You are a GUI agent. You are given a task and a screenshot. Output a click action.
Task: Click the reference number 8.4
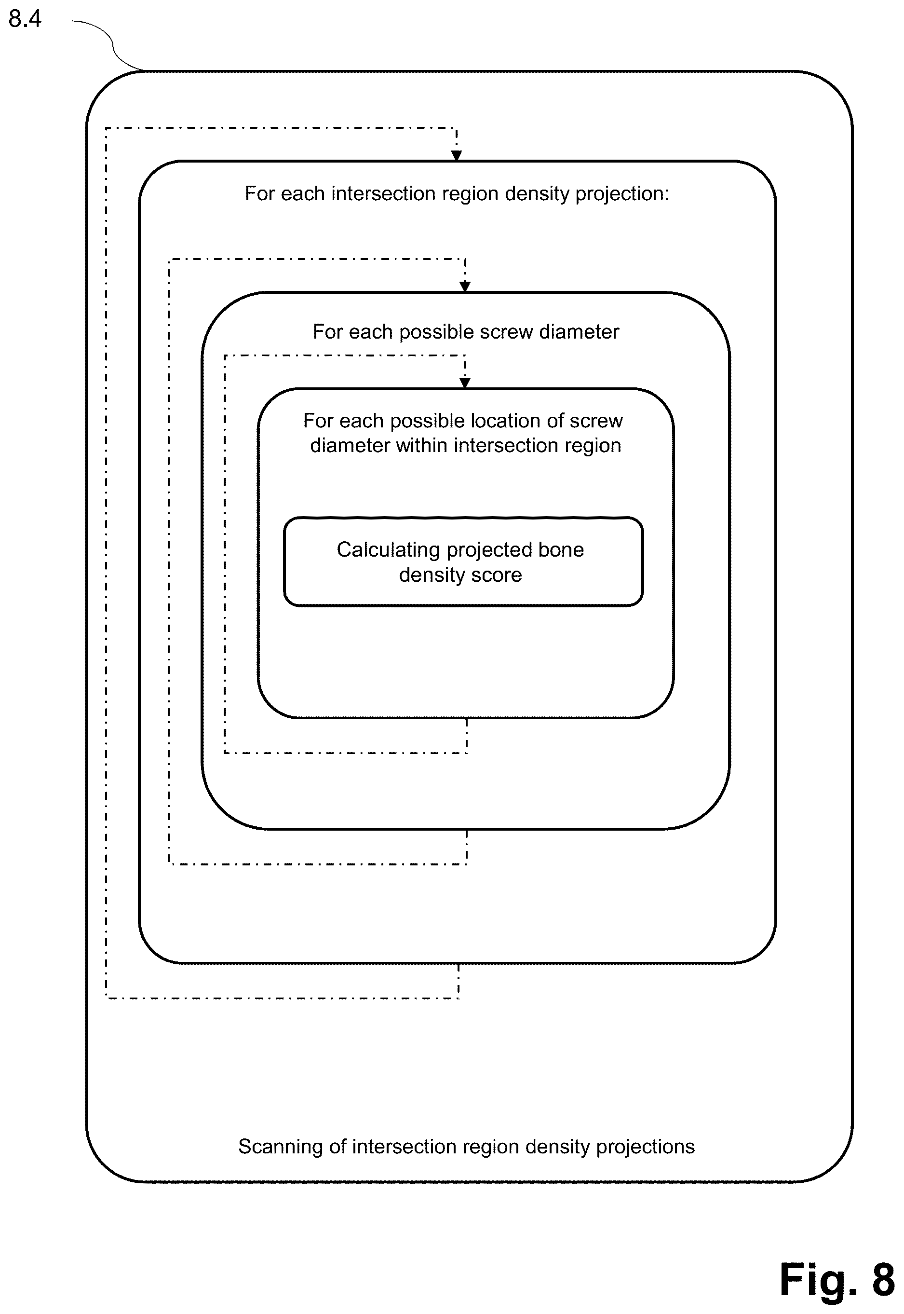pyautogui.click(x=25, y=19)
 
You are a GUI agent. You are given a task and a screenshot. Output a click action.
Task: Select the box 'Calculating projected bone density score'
pyautogui.click(x=463, y=561)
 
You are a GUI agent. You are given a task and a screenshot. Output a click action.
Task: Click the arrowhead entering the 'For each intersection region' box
pyautogui.click(x=457, y=155)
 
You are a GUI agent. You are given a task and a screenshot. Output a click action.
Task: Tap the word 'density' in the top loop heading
pyautogui.click(x=537, y=194)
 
